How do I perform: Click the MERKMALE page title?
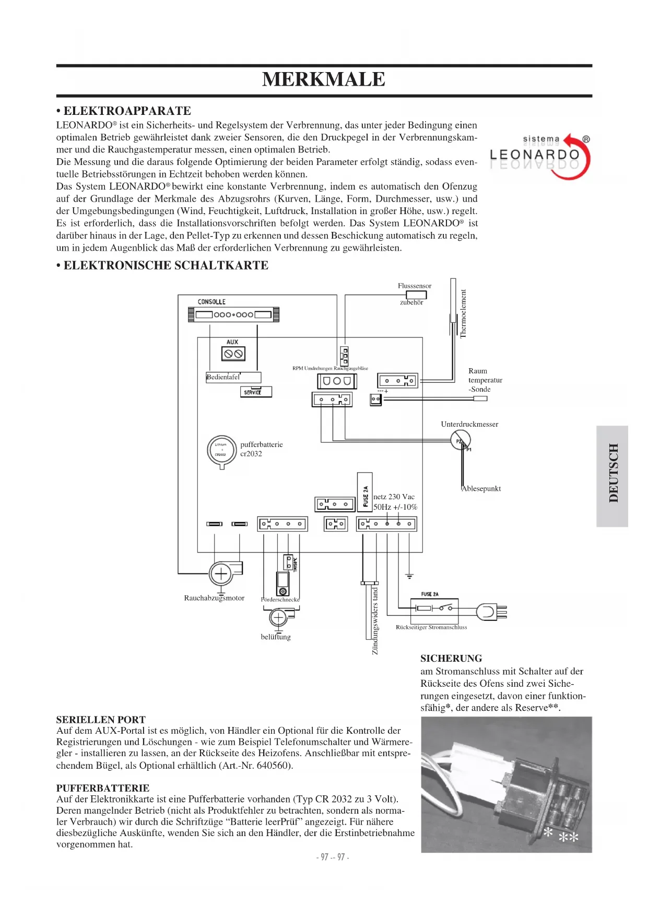click(324, 79)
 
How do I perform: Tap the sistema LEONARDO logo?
click(540, 156)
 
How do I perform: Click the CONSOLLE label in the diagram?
click(211, 302)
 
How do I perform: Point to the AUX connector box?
click(233, 354)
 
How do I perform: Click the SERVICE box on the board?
click(255, 392)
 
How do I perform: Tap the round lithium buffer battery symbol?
click(221, 450)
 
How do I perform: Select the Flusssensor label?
click(415, 286)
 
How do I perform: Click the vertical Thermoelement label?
click(463, 314)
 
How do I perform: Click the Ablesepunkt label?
click(481, 489)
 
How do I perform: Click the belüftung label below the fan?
click(276, 637)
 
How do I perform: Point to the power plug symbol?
click(491, 611)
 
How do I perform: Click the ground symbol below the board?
click(409, 576)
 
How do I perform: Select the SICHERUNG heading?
click(451, 659)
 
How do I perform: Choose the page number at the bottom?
click(333, 857)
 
